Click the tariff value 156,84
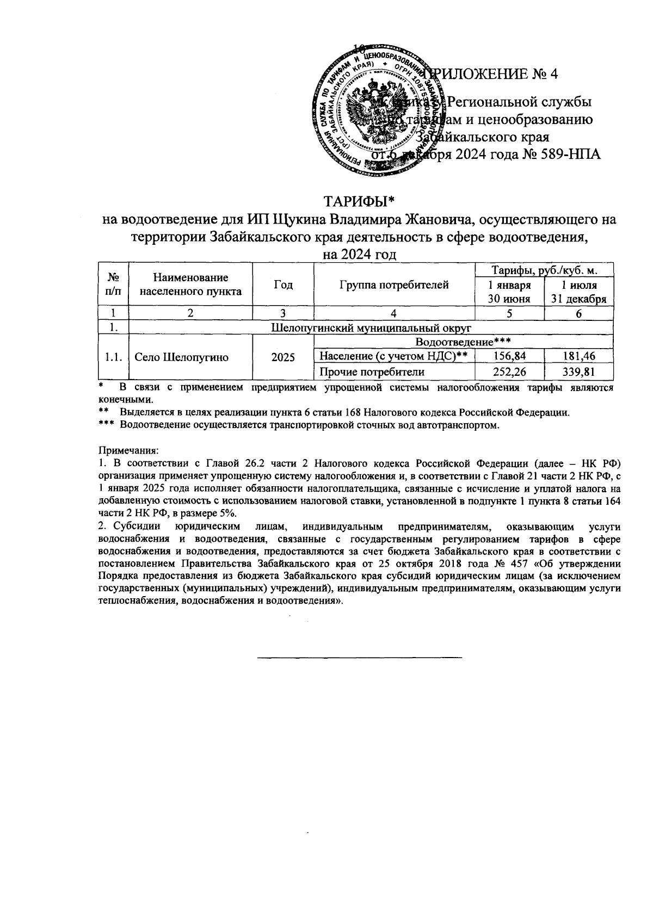click(x=510, y=356)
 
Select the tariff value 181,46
click(x=579, y=356)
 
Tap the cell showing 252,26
click(x=510, y=372)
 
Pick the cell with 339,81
click(x=579, y=372)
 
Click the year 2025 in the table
click(x=283, y=357)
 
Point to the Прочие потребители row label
click(x=372, y=372)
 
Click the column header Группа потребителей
click(x=394, y=284)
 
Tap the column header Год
click(x=283, y=284)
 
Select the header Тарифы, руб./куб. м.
click(x=545, y=270)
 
